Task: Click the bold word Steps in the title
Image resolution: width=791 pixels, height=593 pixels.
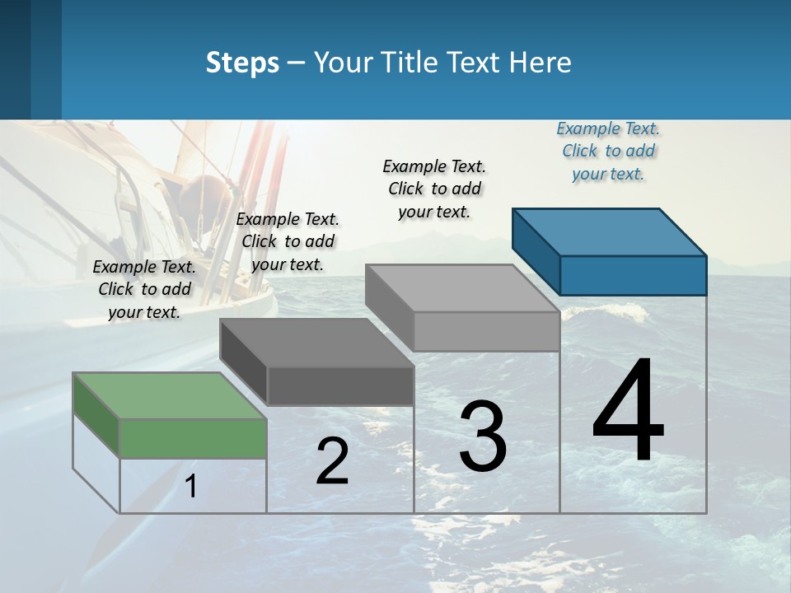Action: coord(242,63)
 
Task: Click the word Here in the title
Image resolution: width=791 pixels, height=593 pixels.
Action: coord(540,63)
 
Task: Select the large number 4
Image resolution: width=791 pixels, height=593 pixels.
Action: coord(628,412)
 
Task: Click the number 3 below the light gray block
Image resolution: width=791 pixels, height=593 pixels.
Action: coord(483,437)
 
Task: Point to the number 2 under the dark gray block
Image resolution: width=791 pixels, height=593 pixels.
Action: coord(332,461)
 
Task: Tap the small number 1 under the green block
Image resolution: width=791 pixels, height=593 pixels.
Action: coord(191,486)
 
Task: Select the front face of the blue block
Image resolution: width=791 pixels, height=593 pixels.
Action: coord(633,275)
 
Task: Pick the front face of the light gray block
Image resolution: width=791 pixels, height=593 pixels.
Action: coord(486,331)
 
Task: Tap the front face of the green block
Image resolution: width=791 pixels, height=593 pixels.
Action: coord(193,438)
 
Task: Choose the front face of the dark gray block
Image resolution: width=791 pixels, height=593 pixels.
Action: coord(340,385)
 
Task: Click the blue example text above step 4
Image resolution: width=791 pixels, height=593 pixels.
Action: coord(608,152)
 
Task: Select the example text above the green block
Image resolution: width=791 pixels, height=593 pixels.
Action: coord(144,289)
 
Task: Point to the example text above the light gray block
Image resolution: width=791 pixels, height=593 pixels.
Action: coord(434,189)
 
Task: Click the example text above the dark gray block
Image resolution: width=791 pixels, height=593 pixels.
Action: coord(288,241)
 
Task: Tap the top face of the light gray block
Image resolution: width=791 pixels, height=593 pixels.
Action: coord(462,288)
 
